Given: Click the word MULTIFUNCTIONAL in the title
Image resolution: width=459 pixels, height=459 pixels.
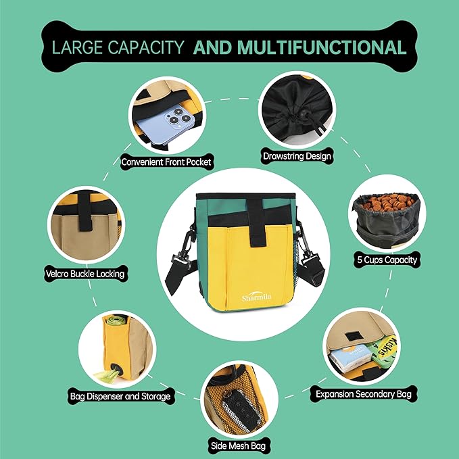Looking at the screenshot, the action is click(x=322, y=47).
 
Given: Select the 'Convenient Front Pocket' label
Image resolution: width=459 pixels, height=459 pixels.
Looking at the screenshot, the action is click(x=166, y=162).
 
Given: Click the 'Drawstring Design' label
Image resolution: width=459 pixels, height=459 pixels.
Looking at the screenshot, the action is click(x=297, y=156).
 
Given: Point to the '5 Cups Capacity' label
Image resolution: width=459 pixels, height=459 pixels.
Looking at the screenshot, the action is click(x=387, y=260).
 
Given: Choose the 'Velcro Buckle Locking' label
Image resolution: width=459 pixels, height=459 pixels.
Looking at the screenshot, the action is click(x=85, y=274).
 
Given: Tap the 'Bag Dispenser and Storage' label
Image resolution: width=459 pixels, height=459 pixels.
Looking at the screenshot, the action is click(x=120, y=396).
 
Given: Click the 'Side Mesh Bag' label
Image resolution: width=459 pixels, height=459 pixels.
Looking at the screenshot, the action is click(x=238, y=446).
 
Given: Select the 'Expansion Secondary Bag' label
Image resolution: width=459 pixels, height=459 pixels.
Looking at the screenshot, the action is click(x=363, y=394).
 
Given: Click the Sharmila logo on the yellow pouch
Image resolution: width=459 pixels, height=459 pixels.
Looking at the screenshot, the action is click(x=256, y=297).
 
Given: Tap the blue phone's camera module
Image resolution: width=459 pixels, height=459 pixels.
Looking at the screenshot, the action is click(x=178, y=118).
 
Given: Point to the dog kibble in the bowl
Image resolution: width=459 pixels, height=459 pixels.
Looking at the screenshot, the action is click(x=388, y=201).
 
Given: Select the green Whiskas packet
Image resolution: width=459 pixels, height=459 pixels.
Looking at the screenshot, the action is click(x=384, y=349).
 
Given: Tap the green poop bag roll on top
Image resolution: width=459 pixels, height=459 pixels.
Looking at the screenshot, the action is click(x=116, y=320).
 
